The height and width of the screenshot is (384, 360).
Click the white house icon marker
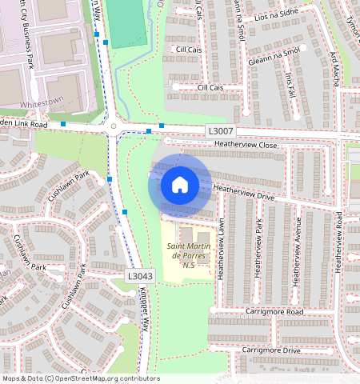180,185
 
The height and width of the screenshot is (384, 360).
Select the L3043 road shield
140,275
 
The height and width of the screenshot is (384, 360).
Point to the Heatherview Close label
246,145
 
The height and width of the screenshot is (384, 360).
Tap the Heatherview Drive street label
244,192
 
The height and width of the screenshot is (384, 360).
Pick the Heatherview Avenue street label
297,250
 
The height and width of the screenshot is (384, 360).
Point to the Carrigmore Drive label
271,350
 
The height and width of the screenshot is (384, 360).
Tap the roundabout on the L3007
114,126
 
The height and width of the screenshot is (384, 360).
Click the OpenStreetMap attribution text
80,378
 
